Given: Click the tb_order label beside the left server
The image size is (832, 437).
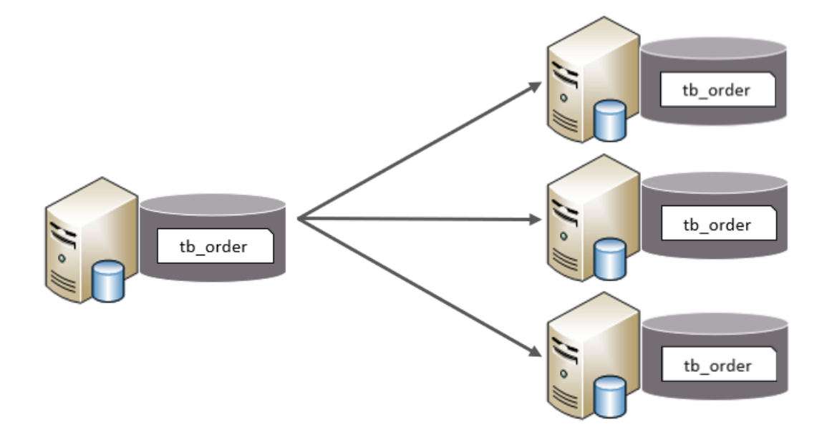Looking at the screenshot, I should (213, 247).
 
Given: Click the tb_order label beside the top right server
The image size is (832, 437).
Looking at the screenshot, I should (715, 91).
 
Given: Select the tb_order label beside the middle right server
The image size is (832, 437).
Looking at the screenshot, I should (717, 225).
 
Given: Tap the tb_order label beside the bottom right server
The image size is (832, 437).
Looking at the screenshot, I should (717, 365).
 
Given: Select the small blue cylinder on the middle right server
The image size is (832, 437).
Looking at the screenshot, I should (611, 259).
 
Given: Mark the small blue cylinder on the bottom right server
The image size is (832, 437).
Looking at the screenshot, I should (611, 397).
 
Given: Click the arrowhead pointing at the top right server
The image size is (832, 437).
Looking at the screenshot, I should (534, 86).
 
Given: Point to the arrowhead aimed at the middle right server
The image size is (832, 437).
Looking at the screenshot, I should (536, 220).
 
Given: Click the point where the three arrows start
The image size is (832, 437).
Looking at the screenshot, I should (298, 218).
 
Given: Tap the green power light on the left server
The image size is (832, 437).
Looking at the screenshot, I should (62, 256).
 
